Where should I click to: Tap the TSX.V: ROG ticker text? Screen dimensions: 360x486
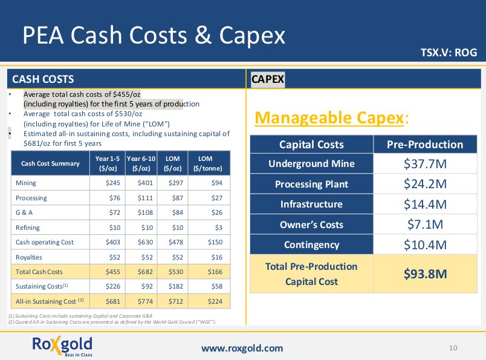point(449,53)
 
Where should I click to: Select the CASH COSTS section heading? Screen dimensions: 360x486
point(43,79)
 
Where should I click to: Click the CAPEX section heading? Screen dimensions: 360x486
point(268,79)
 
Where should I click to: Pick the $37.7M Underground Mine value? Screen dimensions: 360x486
point(425,163)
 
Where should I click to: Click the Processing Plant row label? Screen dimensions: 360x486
point(311,184)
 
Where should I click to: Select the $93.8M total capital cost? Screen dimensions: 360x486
point(425,274)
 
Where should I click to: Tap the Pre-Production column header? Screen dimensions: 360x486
point(425,145)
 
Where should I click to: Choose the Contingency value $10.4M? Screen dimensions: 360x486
point(425,245)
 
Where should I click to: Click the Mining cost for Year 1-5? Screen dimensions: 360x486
point(113,183)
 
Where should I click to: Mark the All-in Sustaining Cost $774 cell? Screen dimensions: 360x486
point(143,301)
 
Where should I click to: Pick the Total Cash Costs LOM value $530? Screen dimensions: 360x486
point(174,272)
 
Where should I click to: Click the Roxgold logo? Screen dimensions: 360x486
point(62,347)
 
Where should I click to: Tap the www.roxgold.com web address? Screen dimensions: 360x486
point(242,348)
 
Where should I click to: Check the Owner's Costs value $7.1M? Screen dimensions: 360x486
point(425,225)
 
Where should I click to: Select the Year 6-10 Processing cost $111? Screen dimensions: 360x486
point(143,198)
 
